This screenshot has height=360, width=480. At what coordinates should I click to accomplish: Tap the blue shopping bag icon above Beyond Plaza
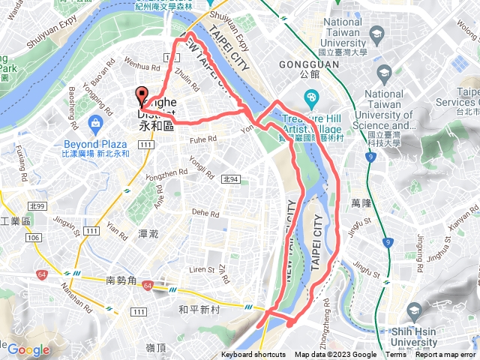pos(95,122)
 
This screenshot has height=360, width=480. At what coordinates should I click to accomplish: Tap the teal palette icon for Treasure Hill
pos(311,97)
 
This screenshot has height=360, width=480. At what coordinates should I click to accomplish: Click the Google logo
pos(28,349)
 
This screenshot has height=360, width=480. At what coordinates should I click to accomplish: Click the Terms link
pos(396,355)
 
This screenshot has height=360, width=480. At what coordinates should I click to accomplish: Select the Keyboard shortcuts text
pos(254,355)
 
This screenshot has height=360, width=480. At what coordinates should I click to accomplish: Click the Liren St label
pos(201,268)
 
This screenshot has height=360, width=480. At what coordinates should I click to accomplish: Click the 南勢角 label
pos(121,280)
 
